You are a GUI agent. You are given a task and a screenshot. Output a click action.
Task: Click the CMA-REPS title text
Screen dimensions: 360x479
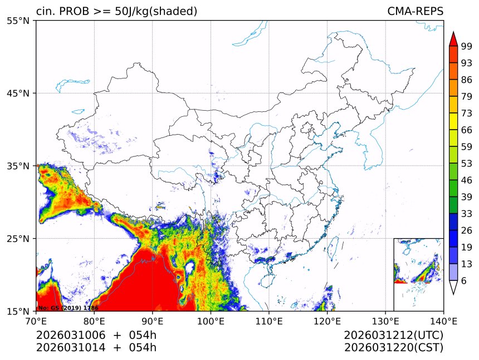click(415, 12)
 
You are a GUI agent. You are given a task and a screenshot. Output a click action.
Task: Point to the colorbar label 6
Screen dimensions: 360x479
click(464, 281)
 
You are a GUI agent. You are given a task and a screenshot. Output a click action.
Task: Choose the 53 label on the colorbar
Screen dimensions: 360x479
click(467, 164)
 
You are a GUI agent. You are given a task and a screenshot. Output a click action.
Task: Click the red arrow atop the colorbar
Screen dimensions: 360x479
click(453, 39)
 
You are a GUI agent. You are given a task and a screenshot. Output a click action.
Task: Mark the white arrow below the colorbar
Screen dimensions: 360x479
click(453, 287)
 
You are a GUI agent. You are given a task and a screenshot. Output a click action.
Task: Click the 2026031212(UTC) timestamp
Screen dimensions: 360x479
click(393, 336)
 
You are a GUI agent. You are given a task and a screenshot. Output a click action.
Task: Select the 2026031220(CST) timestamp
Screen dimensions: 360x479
click(393, 348)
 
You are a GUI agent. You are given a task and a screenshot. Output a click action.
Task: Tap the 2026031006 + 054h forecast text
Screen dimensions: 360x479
click(96, 336)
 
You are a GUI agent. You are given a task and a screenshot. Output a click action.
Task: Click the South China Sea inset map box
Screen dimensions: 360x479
click(418, 274)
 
